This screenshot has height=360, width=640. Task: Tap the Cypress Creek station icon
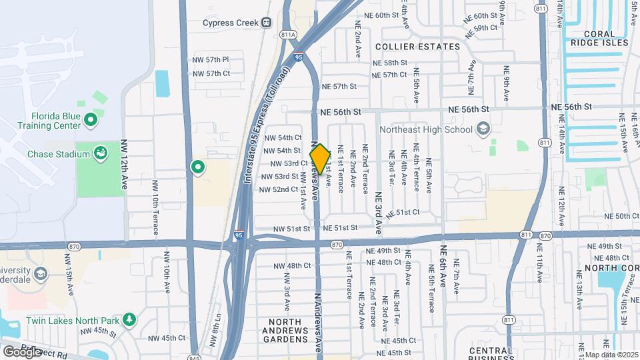click(266, 22)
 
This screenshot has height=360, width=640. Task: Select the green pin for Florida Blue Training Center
click(92, 121)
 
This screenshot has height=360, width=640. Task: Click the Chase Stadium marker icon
click(101, 154)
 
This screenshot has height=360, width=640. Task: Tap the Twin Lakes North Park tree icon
click(129, 320)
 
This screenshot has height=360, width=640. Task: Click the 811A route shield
click(289, 35)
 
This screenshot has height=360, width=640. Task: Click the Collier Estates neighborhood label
click(417, 47)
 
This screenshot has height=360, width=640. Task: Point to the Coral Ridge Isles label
click(605, 38)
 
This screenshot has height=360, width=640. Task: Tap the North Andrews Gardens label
click(288, 331)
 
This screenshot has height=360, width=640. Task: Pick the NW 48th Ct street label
click(292, 265)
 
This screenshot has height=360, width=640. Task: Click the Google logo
click(22, 351)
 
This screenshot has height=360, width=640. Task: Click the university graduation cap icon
click(41, 274)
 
